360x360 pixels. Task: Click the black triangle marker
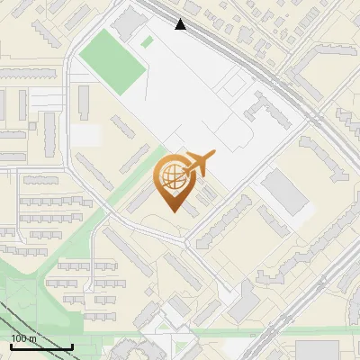(x=181, y=24)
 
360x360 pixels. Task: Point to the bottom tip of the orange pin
(x=173, y=211)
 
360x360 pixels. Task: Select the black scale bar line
(x=41, y=346)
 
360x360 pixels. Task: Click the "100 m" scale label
(x=24, y=338)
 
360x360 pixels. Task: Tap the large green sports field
(x=113, y=60)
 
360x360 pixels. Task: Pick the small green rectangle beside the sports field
(x=147, y=41)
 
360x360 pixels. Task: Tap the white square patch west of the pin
(x=87, y=135)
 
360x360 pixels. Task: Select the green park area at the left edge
(x=18, y=297)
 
